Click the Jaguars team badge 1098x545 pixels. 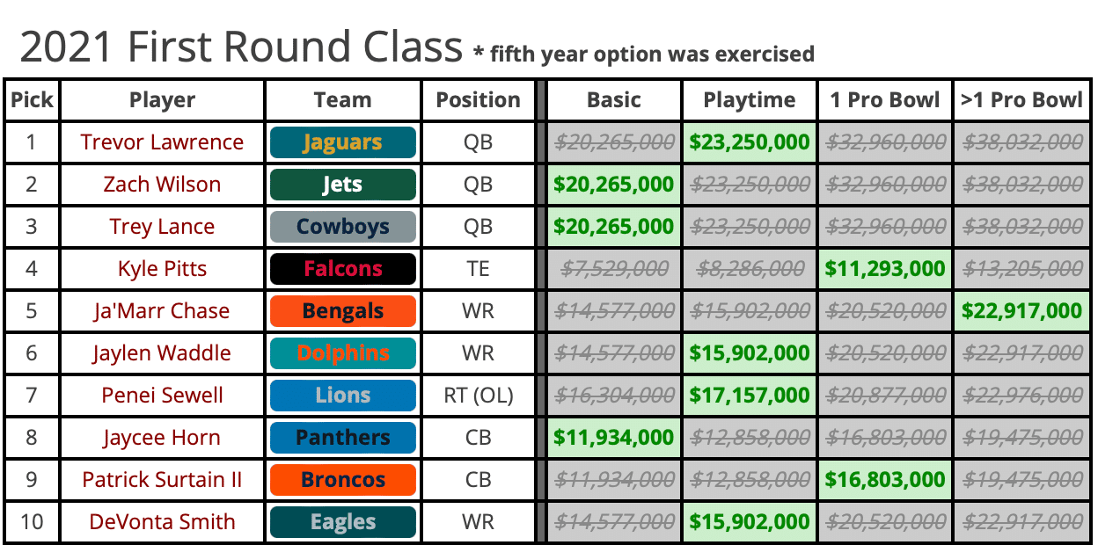click(342, 142)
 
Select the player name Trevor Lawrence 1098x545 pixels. click(162, 142)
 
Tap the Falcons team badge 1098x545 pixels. click(342, 269)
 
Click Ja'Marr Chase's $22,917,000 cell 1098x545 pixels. click(1021, 311)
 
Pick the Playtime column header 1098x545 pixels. click(750, 100)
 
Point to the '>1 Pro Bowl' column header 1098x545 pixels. click(1021, 100)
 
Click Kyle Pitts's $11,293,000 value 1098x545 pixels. click(885, 269)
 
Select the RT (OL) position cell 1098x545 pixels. click(479, 396)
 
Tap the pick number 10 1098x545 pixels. click(32, 521)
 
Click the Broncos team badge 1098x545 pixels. click(342, 479)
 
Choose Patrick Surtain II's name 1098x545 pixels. click(162, 479)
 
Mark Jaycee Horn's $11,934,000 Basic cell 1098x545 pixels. click(614, 437)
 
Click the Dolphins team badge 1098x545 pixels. click(342, 353)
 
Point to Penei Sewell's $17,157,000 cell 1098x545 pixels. click(750, 396)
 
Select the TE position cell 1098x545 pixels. click(479, 269)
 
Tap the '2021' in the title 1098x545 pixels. click(66, 47)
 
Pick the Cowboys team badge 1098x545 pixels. click(342, 227)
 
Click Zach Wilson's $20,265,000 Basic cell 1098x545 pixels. click(614, 185)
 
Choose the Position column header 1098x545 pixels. click(479, 100)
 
